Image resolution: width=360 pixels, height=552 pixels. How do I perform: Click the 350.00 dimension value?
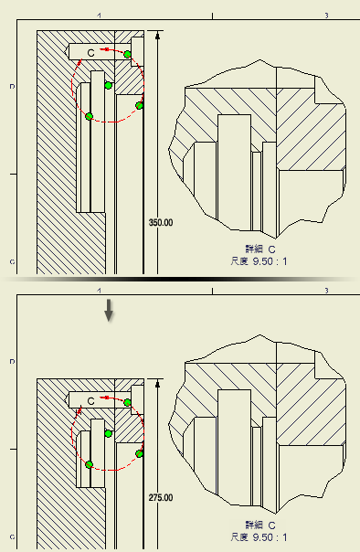point(161,222)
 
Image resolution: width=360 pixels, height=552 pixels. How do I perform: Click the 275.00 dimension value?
point(161,498)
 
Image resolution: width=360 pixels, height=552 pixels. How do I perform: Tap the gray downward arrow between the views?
point(109,310)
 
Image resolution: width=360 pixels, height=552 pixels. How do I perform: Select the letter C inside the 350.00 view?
point(90,53)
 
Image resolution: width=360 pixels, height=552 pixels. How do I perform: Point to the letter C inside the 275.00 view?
point(90,401)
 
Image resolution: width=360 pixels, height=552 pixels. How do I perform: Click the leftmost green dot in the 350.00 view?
point(89,117)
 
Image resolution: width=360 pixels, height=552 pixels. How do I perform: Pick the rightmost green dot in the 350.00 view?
point(140,105)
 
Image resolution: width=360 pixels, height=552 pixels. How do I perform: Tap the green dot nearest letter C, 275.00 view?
point(109,433)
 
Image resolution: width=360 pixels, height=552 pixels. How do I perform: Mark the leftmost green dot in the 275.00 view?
point(89,464)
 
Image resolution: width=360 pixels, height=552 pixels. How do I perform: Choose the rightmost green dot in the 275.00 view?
point(140,453)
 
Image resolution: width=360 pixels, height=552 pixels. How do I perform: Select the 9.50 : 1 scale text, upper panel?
point(270,261)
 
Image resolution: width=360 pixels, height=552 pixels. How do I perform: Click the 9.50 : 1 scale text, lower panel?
point(270,537)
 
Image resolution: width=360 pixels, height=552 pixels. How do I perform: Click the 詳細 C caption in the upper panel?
point(260,249)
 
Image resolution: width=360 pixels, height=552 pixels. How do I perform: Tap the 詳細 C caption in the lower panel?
point(260,525)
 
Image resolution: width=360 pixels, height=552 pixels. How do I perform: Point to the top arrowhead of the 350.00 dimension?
point(157,35)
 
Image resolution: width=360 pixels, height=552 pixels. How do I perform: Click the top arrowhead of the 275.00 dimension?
point(157,383)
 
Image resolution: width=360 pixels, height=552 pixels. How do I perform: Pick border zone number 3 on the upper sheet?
point(326,16)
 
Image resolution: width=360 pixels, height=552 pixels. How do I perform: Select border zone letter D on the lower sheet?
point(12,362)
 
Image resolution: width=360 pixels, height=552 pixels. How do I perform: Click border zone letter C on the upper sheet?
point(12,262)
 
